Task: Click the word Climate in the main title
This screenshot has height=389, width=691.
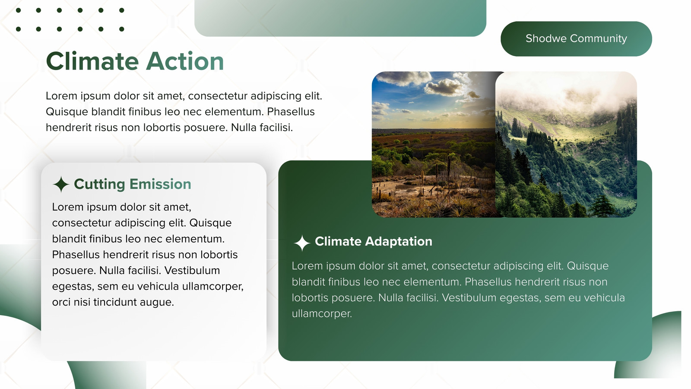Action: pos(92,61)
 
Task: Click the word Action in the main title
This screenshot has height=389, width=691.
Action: pos(185,61)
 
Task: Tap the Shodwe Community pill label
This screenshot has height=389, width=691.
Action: pos(576,38)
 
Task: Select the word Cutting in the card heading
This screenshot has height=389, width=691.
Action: pos(99,184)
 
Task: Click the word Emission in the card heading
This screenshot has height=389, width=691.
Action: pos(160,184)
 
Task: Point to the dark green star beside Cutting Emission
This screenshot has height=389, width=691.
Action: pos(61,184)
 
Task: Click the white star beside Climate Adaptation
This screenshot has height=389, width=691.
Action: pos(302,243)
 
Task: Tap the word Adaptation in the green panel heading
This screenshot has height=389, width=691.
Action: pos(399,242)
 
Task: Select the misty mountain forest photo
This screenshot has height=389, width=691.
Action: pos(566,144)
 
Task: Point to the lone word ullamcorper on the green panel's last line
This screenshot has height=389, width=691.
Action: pos(322,314)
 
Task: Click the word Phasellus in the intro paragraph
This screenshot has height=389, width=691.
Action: pos(291,112)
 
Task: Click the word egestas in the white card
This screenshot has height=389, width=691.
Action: pos(73,287)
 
